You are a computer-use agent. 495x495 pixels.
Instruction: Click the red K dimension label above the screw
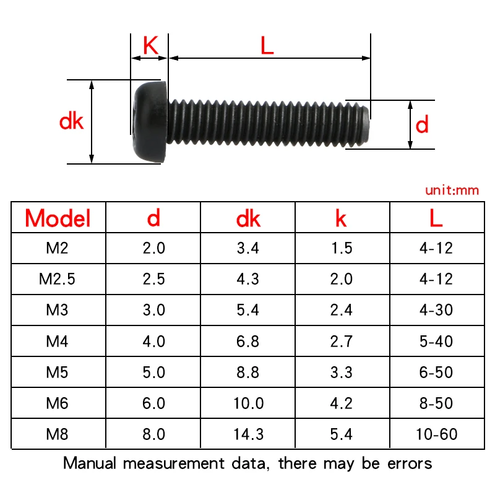coord(150,46)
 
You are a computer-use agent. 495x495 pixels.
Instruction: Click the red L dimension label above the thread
coord(267,46)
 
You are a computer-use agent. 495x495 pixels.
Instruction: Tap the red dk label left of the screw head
coord(71,121)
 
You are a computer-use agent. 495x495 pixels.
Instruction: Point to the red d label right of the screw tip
coord(422,126)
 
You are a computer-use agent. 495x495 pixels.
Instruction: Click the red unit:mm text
coord(452,191)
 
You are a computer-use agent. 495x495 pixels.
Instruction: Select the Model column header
coord(58,218)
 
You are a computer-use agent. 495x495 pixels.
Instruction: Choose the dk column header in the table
coord(248,218)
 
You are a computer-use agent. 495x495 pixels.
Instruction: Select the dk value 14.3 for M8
coord(247,434)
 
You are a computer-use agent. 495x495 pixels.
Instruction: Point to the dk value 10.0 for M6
coord(247,403)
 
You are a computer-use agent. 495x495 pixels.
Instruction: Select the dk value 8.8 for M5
coord(247,372)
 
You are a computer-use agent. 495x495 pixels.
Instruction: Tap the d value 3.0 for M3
coord(153,310)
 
